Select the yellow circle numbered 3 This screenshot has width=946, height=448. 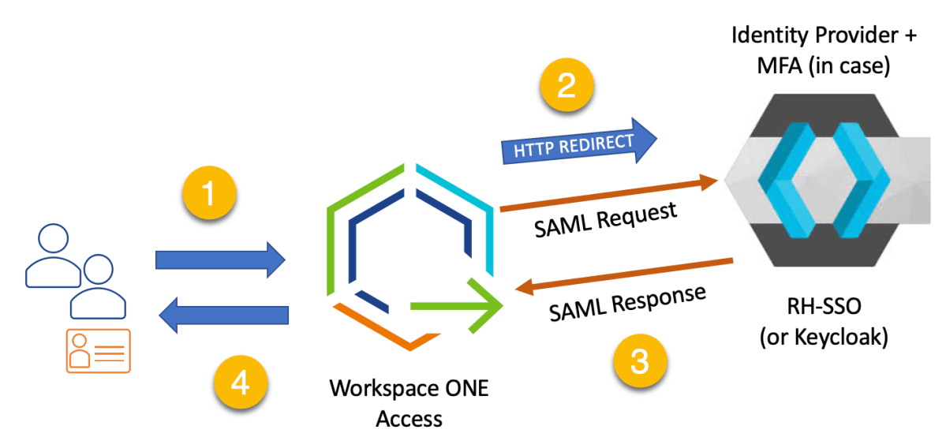[x=641, y=362]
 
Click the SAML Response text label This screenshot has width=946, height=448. [x=627, y=304]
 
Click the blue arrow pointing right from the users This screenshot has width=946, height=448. [x=220, y=259]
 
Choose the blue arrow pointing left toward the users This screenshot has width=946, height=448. [x=224, y=315]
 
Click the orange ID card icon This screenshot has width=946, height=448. [x=98, y=350]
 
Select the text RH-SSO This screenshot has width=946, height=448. [x=823, y=309]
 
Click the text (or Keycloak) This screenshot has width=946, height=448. [x=823, y=338]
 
